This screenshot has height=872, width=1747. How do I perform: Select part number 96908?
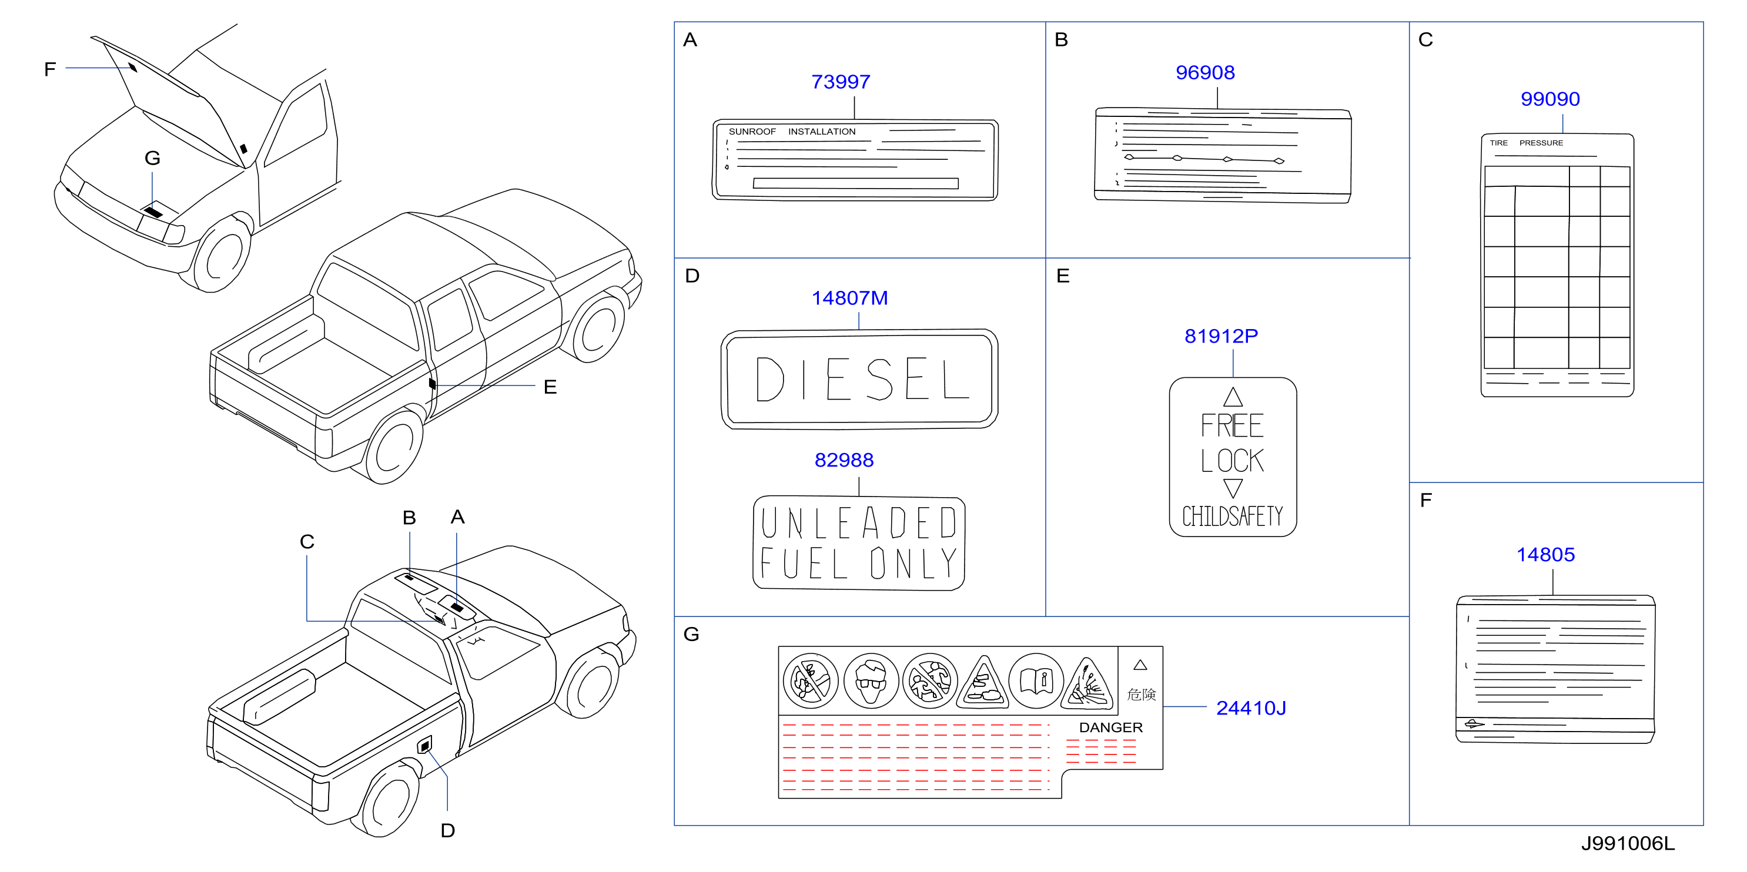click(1205, 72)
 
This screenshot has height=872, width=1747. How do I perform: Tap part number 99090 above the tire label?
click(1549, 99)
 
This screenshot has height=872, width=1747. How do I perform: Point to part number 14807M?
click(850, 299)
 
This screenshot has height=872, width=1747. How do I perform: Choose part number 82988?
click(844, 461)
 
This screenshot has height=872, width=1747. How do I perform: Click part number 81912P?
click(1221, 336)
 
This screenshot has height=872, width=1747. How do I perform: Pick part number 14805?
click(1545, 555)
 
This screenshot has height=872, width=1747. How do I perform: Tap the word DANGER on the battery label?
click(1111, 727)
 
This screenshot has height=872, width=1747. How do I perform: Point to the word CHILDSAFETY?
click(1232, 516)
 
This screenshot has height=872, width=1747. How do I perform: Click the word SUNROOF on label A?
click(752, 132)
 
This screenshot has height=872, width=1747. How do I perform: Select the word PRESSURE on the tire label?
click(1541, 143)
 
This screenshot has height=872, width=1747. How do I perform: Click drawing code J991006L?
click(1628, 844)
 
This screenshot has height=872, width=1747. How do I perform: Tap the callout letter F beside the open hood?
click(49, 69)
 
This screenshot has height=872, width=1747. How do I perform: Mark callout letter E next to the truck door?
click(550, 387)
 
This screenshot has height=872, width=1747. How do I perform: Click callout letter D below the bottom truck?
click(447, 831)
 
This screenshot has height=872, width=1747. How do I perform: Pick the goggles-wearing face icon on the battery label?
click(871, 681)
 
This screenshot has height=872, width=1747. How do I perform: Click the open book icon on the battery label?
click(1036, 681)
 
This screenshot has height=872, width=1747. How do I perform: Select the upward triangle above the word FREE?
click(1233, 397)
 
